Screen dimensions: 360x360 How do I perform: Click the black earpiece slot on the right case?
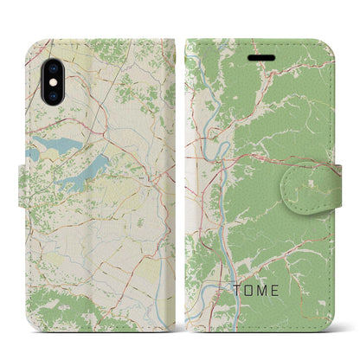(261, 58)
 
